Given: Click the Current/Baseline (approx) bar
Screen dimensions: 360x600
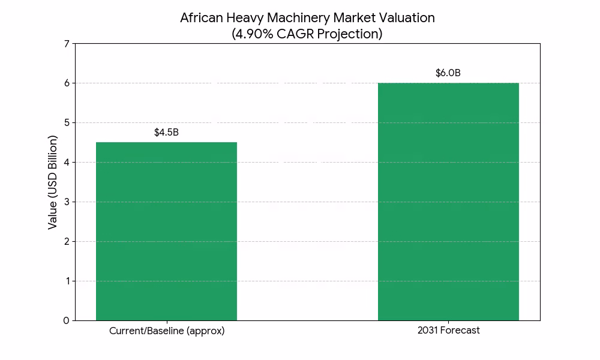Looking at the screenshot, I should [x=166, y=231].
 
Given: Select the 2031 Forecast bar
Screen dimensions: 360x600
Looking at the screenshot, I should [x=448, y=202].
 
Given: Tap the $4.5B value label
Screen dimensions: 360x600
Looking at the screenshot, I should [x=166, y=132].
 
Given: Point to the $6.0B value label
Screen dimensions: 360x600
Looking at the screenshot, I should [x=448, y=73].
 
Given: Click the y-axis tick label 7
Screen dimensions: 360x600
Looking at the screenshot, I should [x=67, y=43].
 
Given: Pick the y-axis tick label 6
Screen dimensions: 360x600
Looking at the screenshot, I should [x=67, y=83].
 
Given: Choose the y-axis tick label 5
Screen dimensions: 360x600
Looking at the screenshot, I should [x=67, y=122].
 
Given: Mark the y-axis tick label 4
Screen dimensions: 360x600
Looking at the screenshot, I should [x=67, y=162].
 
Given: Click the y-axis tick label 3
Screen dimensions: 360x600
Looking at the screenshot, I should [x=67, y=202].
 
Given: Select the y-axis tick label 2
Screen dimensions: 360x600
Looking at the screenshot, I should [x=67, y=241].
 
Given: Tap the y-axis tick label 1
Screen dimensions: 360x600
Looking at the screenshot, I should [x=67, y=281].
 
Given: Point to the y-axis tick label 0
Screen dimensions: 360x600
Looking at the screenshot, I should [x=67, y=320].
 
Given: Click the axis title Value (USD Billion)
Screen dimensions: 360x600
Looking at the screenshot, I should [x=53, y=182].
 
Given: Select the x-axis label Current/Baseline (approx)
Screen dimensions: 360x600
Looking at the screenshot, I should [x=167, y=331].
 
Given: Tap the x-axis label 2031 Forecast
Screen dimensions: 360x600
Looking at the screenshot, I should [x=449, y=331].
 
